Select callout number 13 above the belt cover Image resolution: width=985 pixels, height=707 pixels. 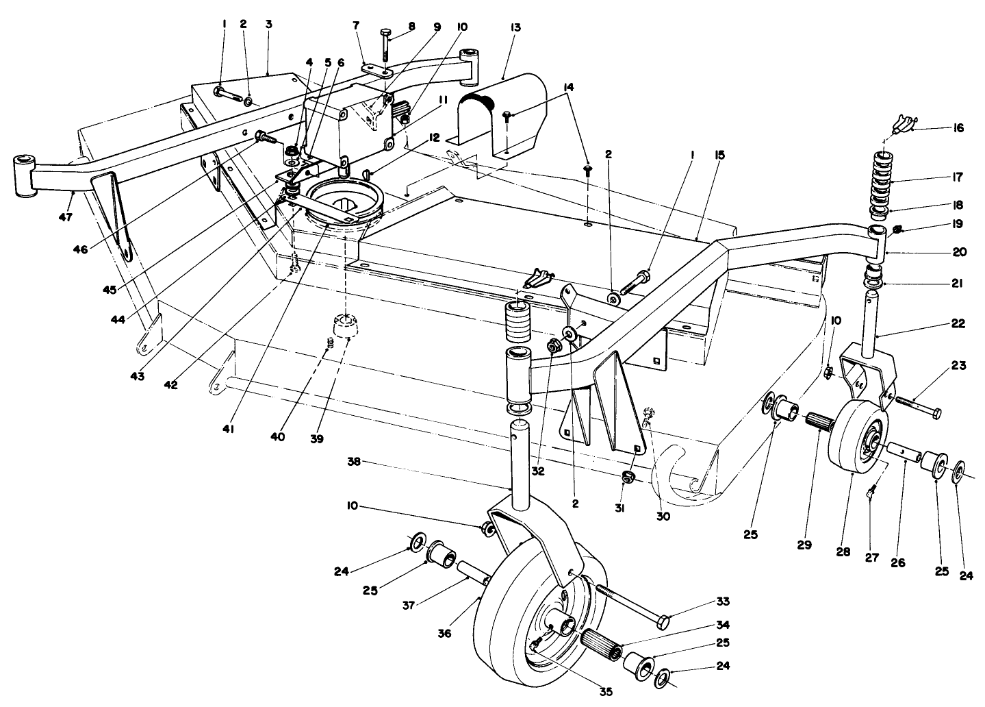(x=515, y=27)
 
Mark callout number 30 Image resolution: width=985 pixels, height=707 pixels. (x=664, y=516)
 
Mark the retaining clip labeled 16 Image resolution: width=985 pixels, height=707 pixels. (x=899, y=125)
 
